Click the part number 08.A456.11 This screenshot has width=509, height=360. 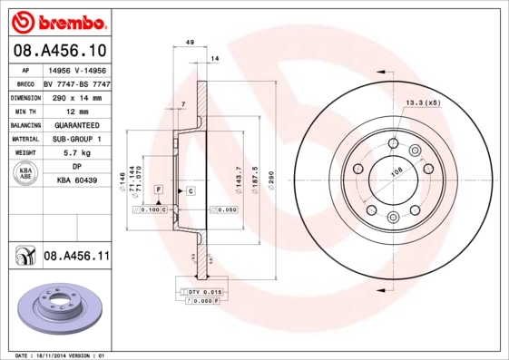pos(76,257)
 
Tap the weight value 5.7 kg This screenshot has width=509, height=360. pos(77,154)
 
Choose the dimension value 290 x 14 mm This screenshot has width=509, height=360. pos(77,95)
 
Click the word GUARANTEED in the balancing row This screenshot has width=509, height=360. pos(77,124)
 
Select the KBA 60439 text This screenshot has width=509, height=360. pos(77,181)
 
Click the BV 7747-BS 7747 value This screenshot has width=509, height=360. pos(77,81)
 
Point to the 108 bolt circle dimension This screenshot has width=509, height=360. pos(396,170)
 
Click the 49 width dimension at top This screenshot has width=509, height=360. pos(189,43)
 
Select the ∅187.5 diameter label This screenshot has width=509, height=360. pos(255,173)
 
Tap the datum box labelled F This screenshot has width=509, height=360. pos(159,189)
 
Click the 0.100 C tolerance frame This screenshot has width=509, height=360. pos(150,209)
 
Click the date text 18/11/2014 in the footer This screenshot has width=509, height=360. pos(54,355)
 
